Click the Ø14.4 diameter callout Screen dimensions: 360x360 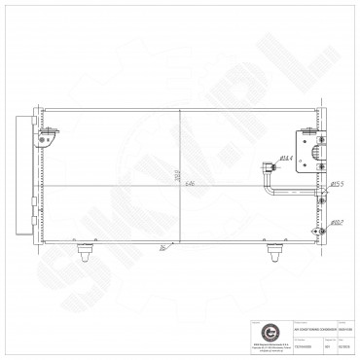tap(288, 157)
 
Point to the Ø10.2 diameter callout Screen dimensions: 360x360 tap(336, 222)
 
